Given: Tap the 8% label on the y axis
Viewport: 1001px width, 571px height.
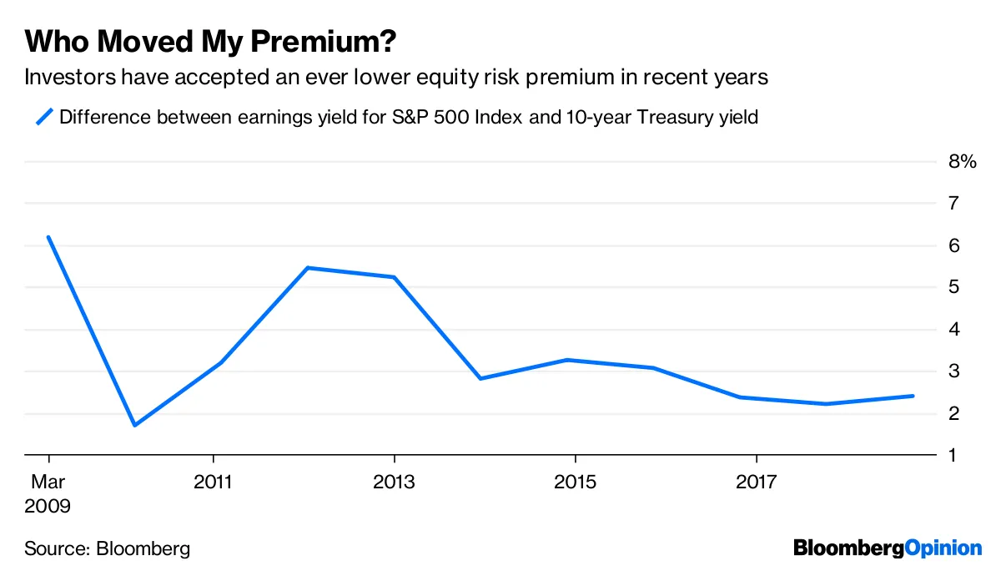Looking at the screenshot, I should (962, 162).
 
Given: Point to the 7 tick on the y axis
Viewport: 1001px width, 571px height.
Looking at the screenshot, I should (953, 204).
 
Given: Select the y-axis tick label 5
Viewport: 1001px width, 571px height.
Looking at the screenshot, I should (953, 287).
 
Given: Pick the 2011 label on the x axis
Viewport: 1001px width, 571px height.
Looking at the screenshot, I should (214, 483).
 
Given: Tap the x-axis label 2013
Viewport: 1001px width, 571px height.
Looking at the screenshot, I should (395, 483).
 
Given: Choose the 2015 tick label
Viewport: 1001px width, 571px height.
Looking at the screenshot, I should (575, 483).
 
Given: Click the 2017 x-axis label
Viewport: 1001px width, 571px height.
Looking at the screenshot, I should (756, 483).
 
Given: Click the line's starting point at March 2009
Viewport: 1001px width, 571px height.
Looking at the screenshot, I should (49, 237).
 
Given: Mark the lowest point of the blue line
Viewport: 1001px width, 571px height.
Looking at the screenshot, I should (134, 425).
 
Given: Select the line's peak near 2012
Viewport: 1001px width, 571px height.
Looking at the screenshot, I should (308, 268).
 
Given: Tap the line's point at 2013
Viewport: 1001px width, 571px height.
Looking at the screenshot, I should (394, 277).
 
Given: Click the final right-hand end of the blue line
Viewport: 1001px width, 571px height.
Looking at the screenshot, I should (913, 396).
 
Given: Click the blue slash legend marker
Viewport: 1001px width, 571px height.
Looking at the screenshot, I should (44, 117).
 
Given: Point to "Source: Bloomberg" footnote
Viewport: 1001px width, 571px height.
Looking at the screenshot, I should (107, 548).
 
